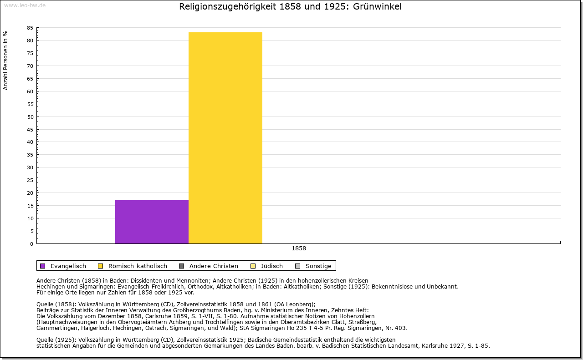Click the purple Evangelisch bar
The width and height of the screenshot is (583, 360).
pos(152,222)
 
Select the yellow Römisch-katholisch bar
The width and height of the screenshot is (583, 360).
pos(225,138)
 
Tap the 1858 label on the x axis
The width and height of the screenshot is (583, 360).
pos(299,248)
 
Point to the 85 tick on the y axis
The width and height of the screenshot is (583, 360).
pos(30,28)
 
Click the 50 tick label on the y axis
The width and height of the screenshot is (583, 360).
pos(30,117)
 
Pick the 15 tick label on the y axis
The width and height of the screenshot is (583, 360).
pos(30,206)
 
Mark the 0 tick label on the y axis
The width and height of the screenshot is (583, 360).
pos(31,244)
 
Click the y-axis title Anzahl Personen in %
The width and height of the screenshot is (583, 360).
pos(5,61)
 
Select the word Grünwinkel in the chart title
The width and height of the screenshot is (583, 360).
pos(377,6)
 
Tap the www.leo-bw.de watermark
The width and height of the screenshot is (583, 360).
pos(25,5)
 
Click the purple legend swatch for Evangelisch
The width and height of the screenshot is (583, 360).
pos(43,266)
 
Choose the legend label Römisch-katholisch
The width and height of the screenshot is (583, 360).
pos(138,266)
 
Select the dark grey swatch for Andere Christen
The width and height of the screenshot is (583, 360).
pos(182,266)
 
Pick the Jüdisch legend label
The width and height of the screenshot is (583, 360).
pos(272,266)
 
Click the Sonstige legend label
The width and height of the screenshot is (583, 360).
pos(318,266)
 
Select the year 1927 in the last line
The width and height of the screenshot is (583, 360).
pos(457,346)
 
